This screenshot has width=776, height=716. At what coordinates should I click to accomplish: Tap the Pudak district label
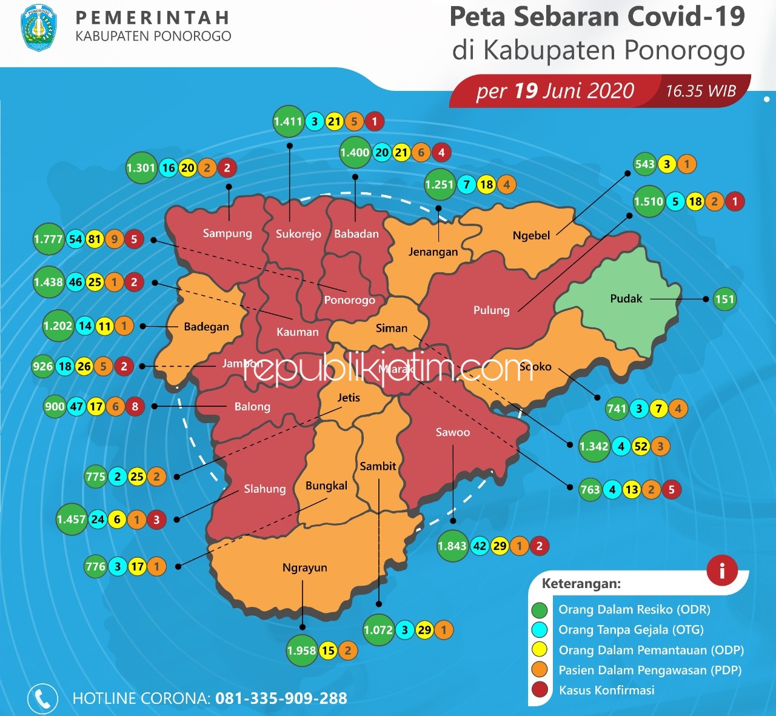click(626, 298)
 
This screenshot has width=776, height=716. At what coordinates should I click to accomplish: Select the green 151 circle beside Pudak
click(724, 299)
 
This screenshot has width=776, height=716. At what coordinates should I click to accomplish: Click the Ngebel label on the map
click(531, 235)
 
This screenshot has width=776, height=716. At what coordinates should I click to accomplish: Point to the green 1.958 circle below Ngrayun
click(302, 651)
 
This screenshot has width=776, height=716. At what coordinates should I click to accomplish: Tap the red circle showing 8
click(135, 406)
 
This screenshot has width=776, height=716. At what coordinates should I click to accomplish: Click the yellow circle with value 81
click(95, 239)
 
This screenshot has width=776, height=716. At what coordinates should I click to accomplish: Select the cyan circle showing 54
click(75, 239)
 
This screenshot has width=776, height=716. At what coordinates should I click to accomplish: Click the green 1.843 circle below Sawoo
click(452, 546)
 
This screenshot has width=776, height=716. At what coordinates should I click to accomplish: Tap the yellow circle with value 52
click(641, 447)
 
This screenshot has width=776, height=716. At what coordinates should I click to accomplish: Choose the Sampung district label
click(227, 233)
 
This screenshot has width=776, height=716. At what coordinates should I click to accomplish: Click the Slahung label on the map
click(264, 489)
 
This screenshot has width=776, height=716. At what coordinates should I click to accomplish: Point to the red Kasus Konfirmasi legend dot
click(540, 690)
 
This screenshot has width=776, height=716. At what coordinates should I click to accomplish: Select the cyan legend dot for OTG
click(540, 630)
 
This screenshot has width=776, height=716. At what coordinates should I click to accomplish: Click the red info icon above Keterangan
click(721, 570)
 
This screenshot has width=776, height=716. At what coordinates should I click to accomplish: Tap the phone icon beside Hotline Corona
click(42, 698)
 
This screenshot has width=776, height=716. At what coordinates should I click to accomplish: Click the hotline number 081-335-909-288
click(281, 698)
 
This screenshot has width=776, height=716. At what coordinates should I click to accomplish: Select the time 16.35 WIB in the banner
click(701, 91)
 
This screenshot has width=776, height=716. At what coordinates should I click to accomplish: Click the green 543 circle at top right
click(644, 164)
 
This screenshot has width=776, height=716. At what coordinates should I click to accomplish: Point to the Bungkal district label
click(326, 486)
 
